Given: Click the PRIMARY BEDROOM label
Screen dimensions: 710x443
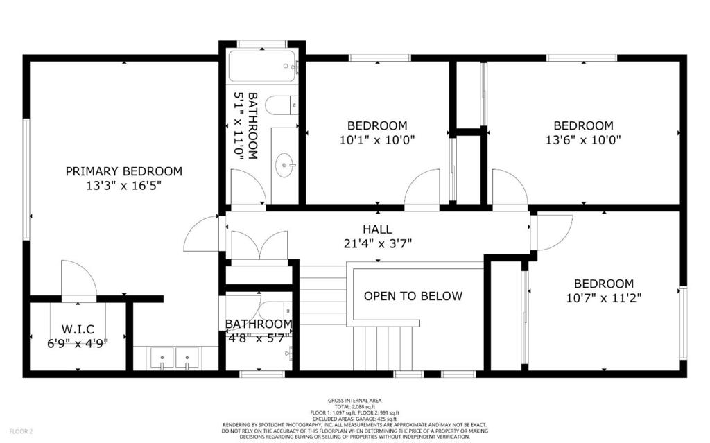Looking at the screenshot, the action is [123, 171].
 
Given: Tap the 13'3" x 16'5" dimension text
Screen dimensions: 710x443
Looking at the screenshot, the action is [123, 185].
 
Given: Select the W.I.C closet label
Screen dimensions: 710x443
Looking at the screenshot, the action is [78, 329].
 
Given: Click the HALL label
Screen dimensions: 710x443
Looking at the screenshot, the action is [377, 229].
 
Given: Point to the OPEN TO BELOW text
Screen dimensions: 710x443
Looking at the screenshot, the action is [413, 296].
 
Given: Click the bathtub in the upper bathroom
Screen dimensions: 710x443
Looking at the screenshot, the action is [262, 66].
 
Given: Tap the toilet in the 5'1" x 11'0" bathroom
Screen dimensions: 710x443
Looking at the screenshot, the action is [282, 105].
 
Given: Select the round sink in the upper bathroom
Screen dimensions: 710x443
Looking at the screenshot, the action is [285, 165].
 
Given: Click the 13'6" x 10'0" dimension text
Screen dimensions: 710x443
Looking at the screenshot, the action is [583, 139].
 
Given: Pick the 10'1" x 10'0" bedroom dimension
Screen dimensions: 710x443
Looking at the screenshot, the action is [377, 139].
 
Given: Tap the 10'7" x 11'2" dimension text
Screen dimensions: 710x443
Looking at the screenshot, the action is [604, 298].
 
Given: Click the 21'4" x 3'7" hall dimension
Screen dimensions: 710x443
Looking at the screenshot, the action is [377, 244].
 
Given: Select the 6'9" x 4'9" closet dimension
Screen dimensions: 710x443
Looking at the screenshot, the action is [78, 343].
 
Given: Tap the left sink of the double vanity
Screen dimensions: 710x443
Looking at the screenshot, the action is [162, 358].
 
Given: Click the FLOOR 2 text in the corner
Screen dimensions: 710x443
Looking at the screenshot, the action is [21, 431].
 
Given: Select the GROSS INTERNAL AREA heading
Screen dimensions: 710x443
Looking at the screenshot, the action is [354, 401].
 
